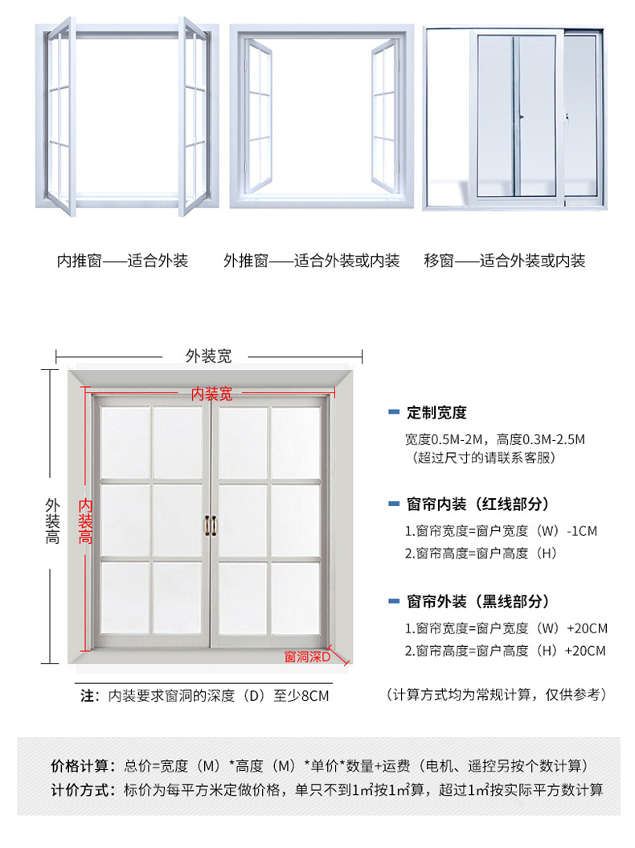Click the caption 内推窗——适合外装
tap(122, 261)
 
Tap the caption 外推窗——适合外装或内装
tap(311, 261)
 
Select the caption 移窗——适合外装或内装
tap(504, 261)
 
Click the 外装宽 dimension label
tap(208, 356)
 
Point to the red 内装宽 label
tap(211, 393)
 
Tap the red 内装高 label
tap(84, 520)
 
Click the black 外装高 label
tap(52, 521)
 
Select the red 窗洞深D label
tap(308, 657)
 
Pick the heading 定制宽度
tap(436, 413)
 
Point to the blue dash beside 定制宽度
tap(393, 413)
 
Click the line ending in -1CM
tap(501, 531)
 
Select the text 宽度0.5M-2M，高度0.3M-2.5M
tap(495, 440)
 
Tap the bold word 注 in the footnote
tap(88, 696)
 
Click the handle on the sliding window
tap(521, 118)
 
